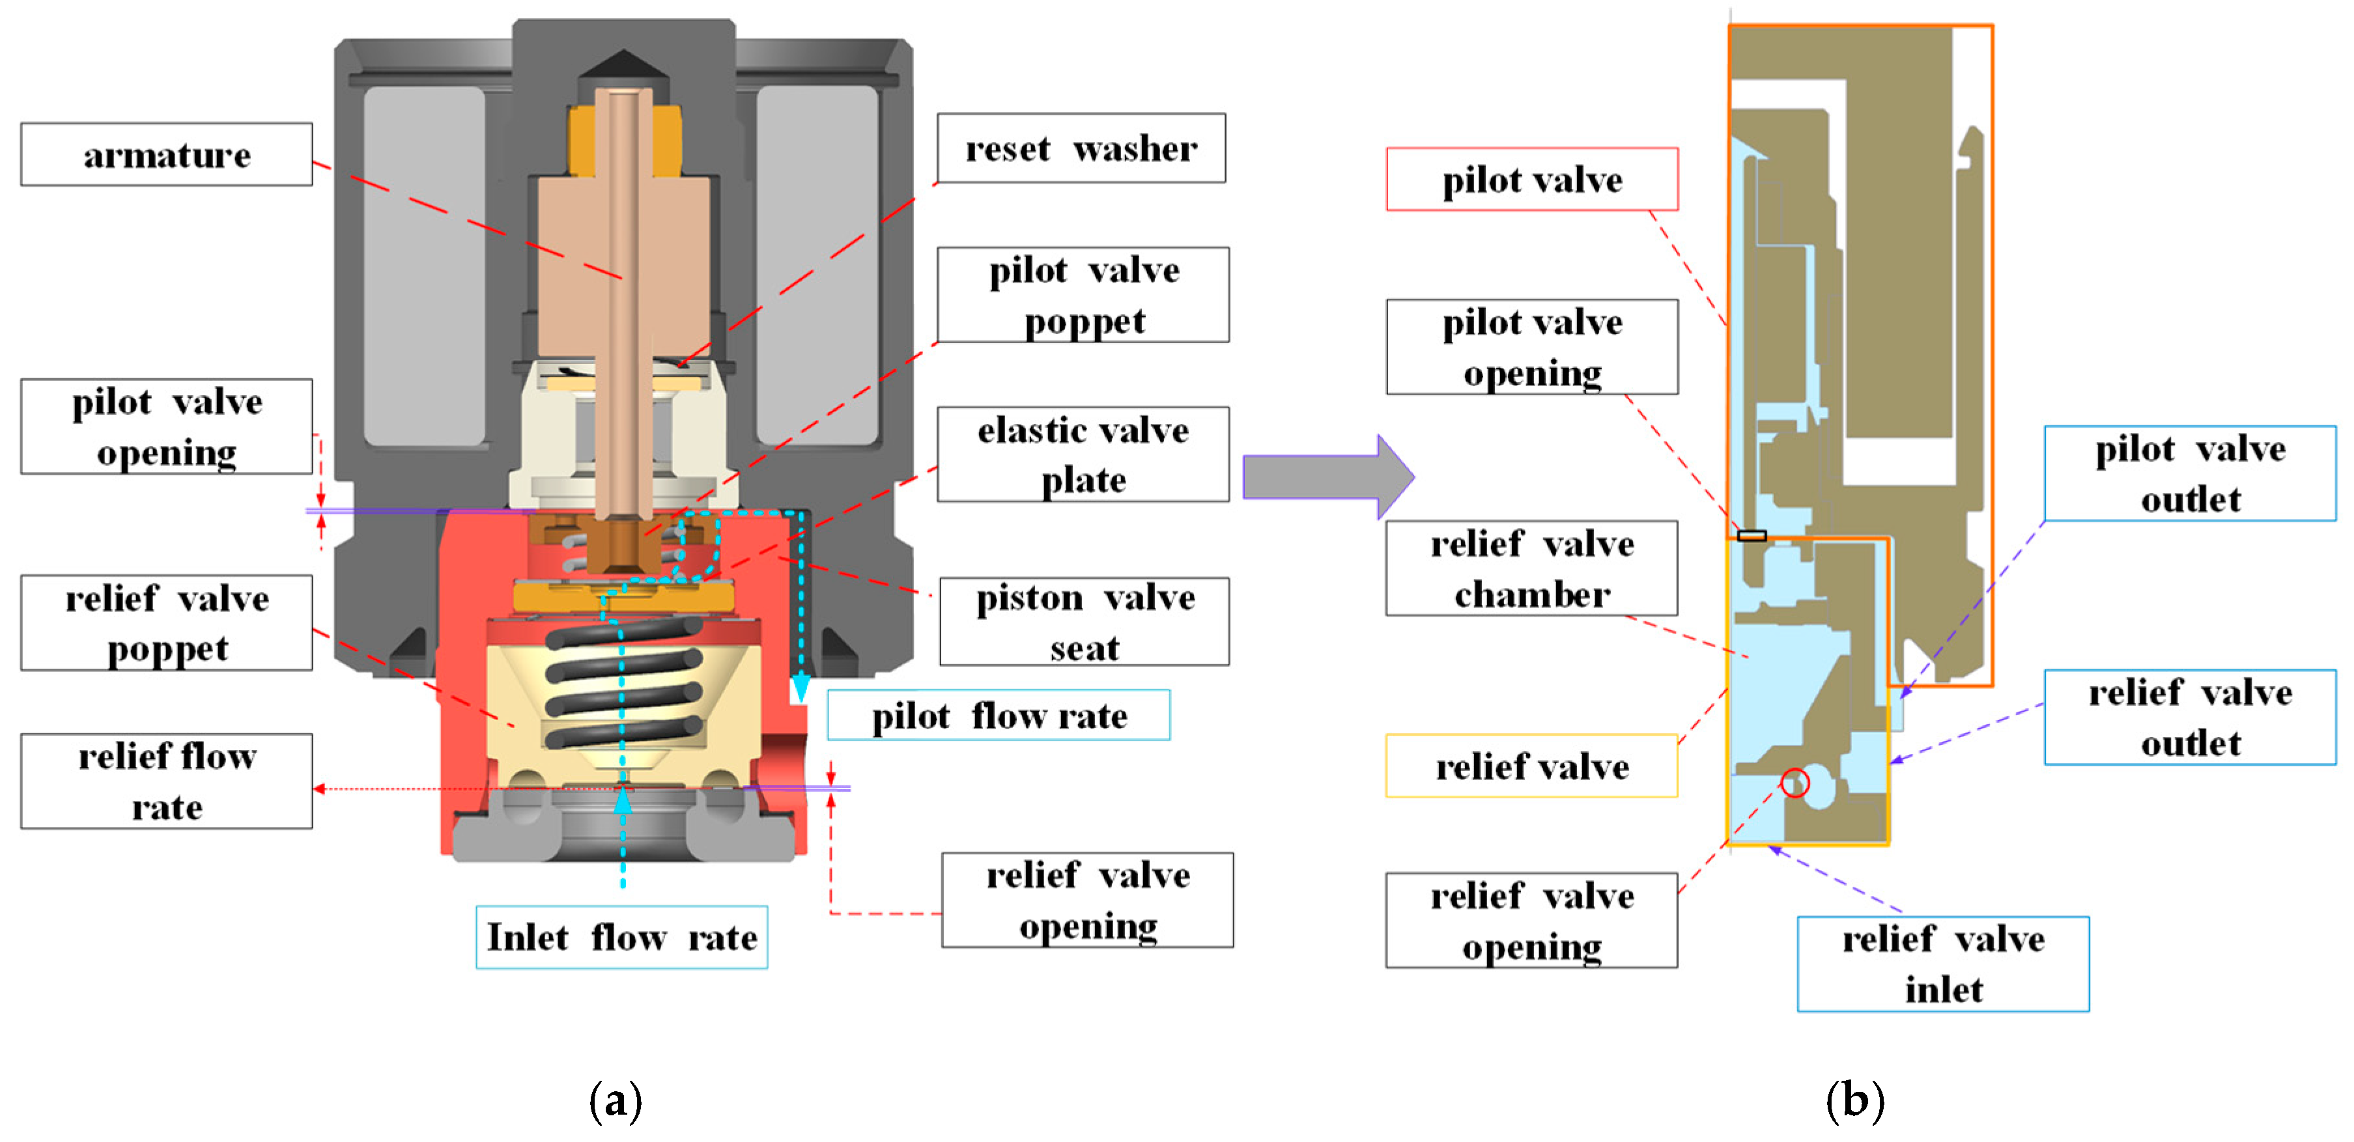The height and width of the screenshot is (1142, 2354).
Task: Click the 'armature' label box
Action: (x=166, y=154)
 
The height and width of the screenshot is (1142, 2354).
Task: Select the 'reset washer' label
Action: (x=1081, y=148)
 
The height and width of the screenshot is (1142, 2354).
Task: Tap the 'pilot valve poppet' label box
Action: (x=1083, y=295)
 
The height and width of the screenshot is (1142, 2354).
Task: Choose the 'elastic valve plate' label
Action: (x=1083, y=454)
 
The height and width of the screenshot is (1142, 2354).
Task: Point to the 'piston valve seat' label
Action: (x=1084, y=621)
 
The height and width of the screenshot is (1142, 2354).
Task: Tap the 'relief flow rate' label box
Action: (x=166, y=781)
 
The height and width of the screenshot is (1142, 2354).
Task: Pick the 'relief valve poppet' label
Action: (x=166, y=623)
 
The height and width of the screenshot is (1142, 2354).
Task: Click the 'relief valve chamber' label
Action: (x=1531, y=568)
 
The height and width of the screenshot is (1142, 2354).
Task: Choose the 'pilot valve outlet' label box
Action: (x=2189, y=473)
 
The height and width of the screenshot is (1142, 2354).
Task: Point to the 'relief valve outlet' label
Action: (x=2189, y=717)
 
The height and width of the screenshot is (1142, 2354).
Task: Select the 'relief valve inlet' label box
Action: (x=1943, y=964)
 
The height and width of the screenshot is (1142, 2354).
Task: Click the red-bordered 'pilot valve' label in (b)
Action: (x=1531, y=179)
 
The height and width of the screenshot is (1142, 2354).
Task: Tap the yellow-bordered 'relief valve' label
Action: (x=1531, y=766)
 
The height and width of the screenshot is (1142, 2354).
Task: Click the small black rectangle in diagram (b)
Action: (x=1751, y=535)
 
